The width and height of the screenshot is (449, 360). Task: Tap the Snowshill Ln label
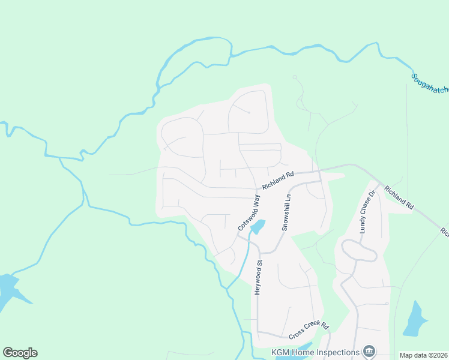tap(287, 212)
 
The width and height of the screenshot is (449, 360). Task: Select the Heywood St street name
tap(259, 277)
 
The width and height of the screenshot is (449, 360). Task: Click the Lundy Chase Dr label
tap(367, 212)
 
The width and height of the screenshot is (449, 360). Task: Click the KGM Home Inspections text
tap(315, 352)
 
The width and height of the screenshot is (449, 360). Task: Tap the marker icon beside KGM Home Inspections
tap(370, 352)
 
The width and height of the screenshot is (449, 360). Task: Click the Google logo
tap(20, 353)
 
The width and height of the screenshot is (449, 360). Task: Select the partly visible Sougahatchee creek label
tap(430, 87)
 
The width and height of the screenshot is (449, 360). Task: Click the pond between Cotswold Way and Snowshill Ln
tap(258, 226)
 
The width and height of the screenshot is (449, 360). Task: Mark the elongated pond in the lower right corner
tap(415, 317)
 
